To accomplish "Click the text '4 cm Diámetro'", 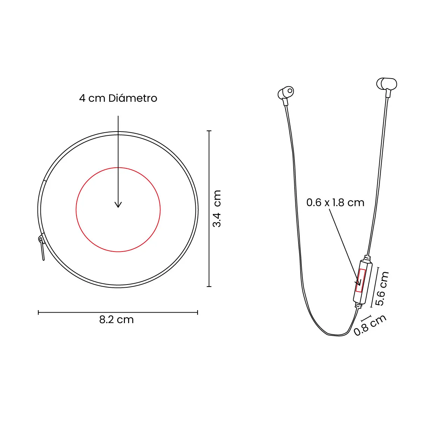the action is tap(118, 98).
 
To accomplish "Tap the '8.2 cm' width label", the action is tap(116, 320).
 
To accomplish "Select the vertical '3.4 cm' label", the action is tap(217, 208).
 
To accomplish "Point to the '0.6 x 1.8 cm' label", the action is tap(335, 202).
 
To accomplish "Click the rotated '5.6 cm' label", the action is tap(382, 288).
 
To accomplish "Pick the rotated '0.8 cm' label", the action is tap(370, 325).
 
